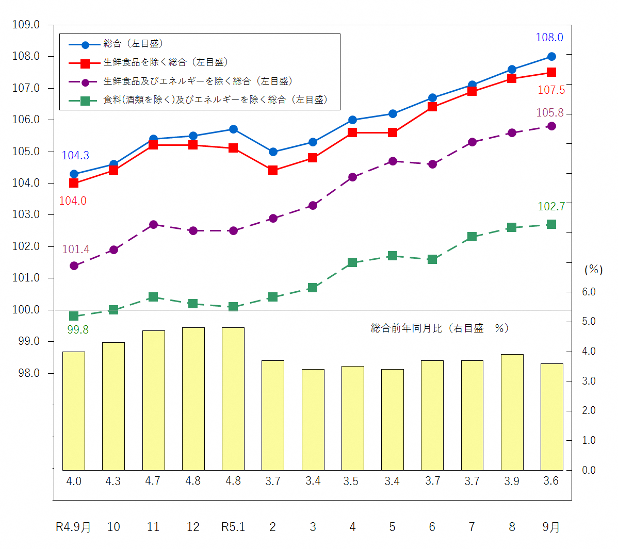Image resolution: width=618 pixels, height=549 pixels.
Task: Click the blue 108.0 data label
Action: coord(549,37)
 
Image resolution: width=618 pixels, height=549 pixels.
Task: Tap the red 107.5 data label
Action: coord(551,90)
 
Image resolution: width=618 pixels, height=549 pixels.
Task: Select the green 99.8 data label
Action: coord(78,330)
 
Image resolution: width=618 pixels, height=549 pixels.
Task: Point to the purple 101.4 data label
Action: coord(76,249)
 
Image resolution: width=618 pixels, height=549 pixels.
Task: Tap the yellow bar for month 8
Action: coord(512,412)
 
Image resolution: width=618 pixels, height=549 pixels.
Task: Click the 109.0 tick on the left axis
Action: coord(26,25)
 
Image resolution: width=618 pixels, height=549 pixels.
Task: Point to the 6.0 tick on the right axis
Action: coord(589,292)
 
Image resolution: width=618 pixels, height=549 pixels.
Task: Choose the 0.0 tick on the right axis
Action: coord(589,470)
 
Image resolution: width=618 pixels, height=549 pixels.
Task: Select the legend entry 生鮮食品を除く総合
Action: coord(165,62)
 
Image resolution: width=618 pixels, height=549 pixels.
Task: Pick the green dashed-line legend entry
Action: coord(215,100)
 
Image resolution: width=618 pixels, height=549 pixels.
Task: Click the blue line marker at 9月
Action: coord(551,57)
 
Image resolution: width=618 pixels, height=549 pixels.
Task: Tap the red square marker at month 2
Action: coord(273,170)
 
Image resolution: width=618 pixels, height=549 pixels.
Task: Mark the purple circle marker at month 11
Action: coord(153,225)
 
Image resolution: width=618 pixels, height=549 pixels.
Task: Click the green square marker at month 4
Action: coord(352,262)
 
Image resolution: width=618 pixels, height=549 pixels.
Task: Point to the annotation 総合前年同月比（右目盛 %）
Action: coord(440,328)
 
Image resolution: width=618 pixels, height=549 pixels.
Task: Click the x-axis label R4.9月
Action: coord(73,527)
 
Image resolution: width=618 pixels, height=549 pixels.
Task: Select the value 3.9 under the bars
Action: coord(512,481)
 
